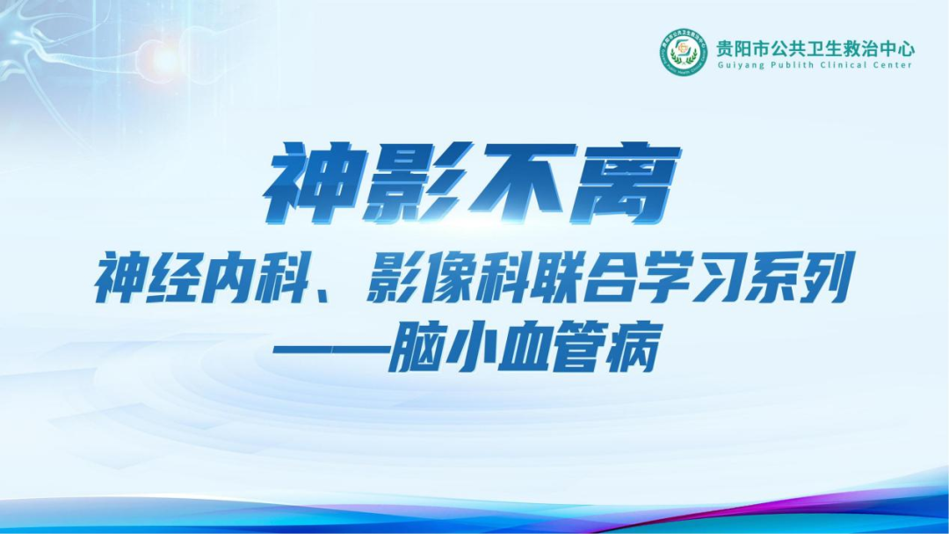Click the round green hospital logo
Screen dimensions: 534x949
pyautogui.click(x=683, y=53)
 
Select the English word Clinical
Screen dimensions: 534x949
pyautogui.click(x=836, y=66)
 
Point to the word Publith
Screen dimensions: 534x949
pyautogui.click(x=786, y=66)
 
